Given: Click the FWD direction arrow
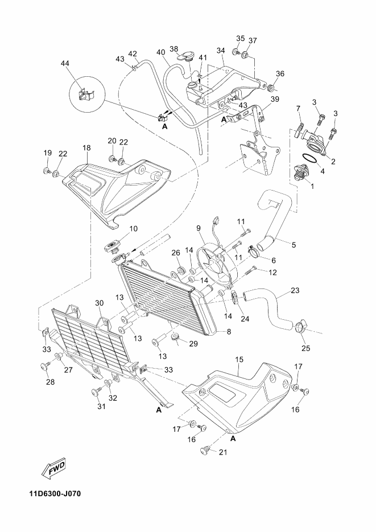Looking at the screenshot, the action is (x=53, y=470).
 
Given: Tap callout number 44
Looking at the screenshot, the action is (x=65, y=64).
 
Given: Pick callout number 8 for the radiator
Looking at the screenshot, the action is (x=229, y=331).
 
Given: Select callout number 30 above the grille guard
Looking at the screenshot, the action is (x=100, y=303).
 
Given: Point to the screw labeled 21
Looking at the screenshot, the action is (x=206, y=450).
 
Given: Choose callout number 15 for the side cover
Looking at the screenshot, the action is (x=239, y=359).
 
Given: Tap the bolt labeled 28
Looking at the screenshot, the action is (x=44, y=365).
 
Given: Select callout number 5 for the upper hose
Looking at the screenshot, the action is (x=294, y=244).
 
